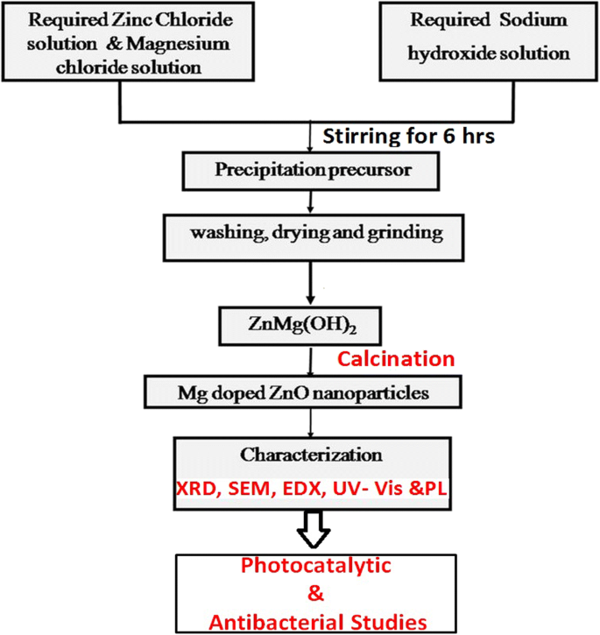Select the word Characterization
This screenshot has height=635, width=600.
coord(311,456)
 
